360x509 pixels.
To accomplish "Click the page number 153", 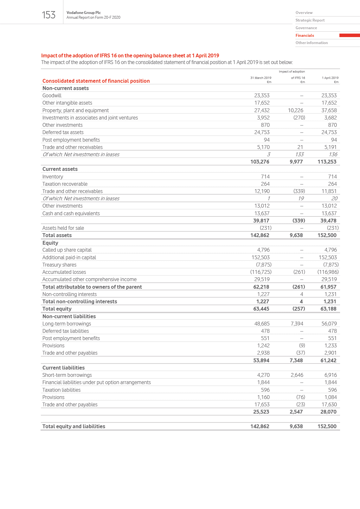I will [x=48, y=15].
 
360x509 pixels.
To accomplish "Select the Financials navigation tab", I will [x=305, y=35].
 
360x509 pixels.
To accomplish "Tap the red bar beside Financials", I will [x=349, y=35].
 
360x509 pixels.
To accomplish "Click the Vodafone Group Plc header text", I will [x=84, y=13].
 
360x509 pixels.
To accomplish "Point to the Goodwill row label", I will [x=52, y=96].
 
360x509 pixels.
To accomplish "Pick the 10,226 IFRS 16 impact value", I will [x=295, y=110].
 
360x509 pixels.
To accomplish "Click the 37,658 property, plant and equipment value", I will [x=329, y=110].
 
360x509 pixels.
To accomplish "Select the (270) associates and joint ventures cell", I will [x=299, y=118].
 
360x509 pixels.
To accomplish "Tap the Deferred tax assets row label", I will [x=63, y=132].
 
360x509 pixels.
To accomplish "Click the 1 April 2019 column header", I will [x=330, y=78].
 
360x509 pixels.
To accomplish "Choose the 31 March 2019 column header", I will [x=260, y=78].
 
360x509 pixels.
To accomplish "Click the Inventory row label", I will [x=53, y=177].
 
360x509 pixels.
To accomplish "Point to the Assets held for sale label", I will [x=63, y=228].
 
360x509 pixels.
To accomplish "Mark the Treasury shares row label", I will [x=59, y=265].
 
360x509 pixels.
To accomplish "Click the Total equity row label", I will [x=57, y=309].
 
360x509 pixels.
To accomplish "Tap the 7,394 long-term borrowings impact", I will [x=297, y=324].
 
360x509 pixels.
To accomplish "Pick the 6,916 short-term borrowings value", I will [x=331, y=375].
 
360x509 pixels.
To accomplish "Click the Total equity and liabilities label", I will [x=74, y=427].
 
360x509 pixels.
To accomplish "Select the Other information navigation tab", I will [x=312, y=43].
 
